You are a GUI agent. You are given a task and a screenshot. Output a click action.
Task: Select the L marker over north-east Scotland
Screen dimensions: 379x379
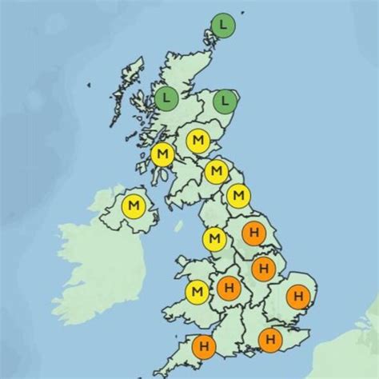(226, 101)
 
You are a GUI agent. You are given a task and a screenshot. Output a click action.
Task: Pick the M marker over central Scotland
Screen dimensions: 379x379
(197, 141)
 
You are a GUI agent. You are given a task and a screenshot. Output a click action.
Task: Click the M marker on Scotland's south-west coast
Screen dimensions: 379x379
(162, 153)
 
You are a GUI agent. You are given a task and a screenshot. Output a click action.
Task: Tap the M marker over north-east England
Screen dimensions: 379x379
(237, 194)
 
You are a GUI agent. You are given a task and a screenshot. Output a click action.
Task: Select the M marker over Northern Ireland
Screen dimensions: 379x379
(133, 207)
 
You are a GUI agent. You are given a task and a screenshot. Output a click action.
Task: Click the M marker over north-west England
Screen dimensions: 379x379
(214, 238)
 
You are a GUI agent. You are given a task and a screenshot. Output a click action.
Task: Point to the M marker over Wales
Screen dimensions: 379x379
(197, 293)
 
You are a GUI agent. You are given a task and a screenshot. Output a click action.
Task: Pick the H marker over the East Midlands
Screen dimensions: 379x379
(262, 269)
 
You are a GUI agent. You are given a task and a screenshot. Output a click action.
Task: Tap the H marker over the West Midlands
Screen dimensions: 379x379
(229, 286)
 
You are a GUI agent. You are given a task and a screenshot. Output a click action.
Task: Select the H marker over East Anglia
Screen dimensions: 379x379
(297, 297)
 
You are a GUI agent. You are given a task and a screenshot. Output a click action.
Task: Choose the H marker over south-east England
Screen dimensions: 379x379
(271, 340)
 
